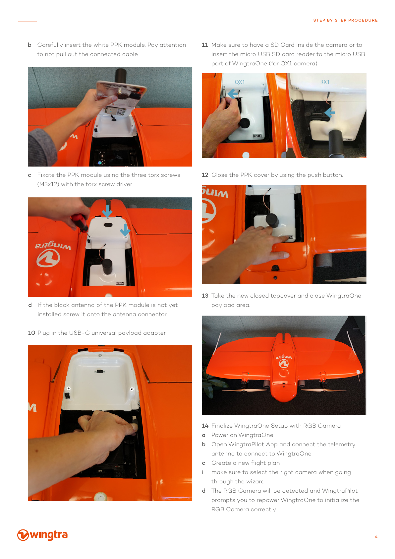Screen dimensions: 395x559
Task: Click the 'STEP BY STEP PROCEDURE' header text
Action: coord(345,20)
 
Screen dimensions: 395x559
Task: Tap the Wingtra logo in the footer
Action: coord(42,535)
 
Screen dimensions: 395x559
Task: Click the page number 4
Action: coord(376,537)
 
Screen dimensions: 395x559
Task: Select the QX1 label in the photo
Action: coord(240,82)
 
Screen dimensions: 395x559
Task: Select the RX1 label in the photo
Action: coord(325,82)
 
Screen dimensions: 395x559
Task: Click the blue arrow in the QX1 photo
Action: coord(233,94)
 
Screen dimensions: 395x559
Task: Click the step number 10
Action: coord(31,333)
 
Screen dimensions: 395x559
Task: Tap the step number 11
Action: coord(205,45)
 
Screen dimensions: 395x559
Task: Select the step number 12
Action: coord(205,175)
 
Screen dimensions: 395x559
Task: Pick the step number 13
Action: coord(205,296)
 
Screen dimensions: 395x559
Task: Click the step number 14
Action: coord(205,426)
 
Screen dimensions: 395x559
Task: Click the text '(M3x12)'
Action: coord(48,184)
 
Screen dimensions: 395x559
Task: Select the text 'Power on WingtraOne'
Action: coord(242,435)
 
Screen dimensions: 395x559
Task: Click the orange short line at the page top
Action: coord(28,22)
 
